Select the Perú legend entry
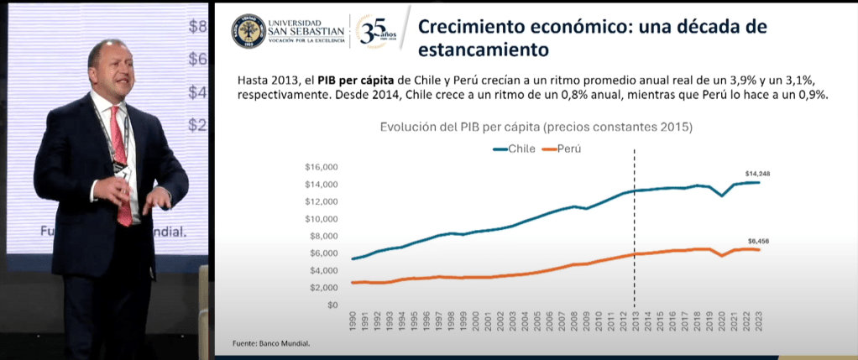pyautogui.click(x=565, y=149)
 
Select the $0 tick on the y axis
pyautogui.click(x=332, y=305)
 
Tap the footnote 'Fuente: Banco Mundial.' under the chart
pyautogui.click(x=265, y=344)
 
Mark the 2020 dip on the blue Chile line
pyautogui.click(x=722, y=196)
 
